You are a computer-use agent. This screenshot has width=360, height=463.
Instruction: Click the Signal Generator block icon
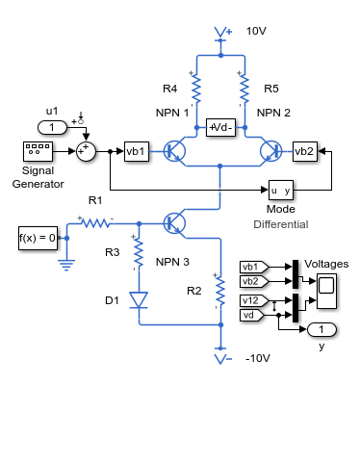38,151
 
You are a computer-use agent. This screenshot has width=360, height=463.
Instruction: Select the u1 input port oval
52,127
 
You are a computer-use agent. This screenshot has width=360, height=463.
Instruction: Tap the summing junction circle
86,151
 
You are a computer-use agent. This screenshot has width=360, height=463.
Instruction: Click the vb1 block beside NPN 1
137,151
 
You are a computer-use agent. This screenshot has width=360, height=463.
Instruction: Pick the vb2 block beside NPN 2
305,151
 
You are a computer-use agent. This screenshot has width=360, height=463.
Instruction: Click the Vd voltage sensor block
220,127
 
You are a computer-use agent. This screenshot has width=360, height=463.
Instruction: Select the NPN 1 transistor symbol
175,151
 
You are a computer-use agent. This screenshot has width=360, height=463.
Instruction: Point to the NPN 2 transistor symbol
270,151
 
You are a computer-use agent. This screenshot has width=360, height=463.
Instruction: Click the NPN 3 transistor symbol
175,223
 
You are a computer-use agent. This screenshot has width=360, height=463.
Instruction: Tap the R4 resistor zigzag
196,90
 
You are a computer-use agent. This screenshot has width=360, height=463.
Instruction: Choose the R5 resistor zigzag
244,90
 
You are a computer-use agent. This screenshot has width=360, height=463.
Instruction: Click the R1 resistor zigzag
95,222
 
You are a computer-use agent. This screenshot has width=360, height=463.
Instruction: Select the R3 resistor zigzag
139,252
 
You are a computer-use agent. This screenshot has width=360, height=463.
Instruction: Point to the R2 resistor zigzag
220,291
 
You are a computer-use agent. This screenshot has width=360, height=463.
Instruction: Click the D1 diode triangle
139,300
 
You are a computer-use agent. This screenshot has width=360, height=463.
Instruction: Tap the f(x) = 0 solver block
38,238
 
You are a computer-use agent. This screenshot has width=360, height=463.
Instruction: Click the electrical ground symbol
66,265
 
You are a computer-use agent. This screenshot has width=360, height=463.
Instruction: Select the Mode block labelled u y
281,190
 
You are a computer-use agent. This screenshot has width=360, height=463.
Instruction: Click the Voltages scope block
326,291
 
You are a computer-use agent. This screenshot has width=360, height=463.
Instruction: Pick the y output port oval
321,329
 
